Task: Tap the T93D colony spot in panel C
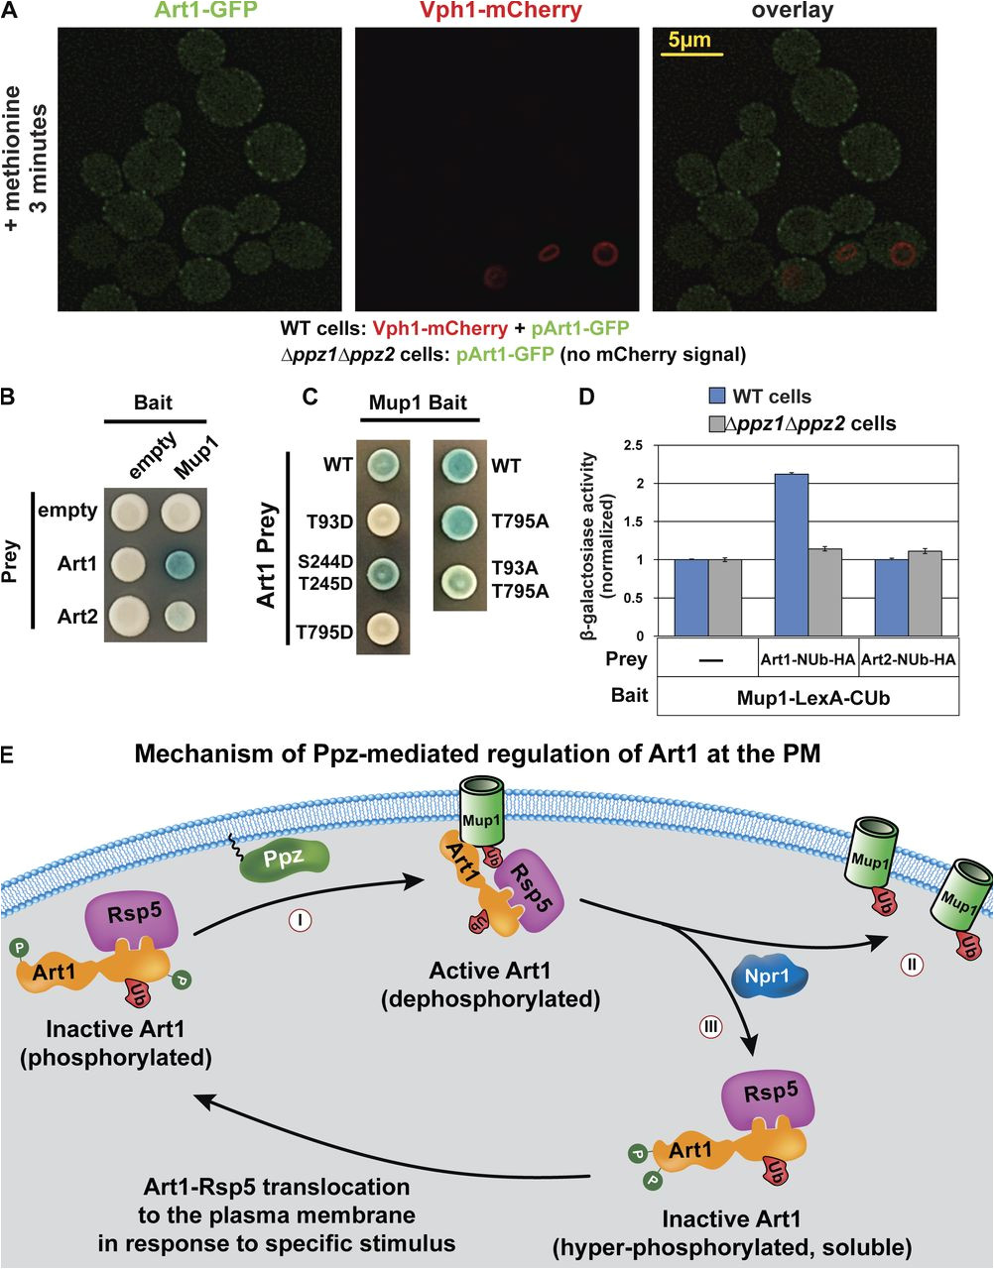tap(381, 519)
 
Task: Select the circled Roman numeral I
tap(301, 920)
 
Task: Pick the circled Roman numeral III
tap(710, 1027)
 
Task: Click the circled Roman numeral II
tap(910, 960)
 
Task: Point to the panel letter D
tap(587, 397)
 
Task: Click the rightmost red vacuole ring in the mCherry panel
tap(605, 255)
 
